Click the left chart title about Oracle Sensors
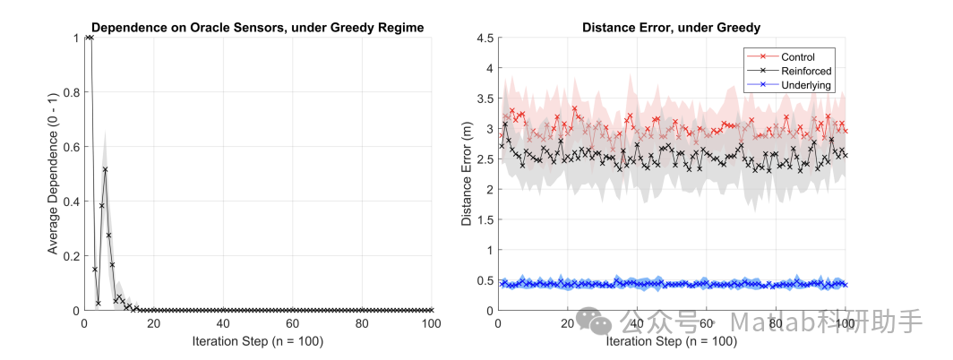(x=258, y=28)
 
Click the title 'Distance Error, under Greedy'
(x=672, y=28)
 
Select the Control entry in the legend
(x=798, y=57)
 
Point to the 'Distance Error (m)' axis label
(x=467, y=175)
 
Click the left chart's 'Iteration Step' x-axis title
(x=258, y=342)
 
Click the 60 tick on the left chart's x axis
(x=293, y=324)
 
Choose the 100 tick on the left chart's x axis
(x=432, y=324)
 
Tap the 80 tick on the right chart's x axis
(x=776, y=324)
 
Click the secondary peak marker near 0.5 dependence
(x=105, y=169)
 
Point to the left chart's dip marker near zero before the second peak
(x=99, y=303)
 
